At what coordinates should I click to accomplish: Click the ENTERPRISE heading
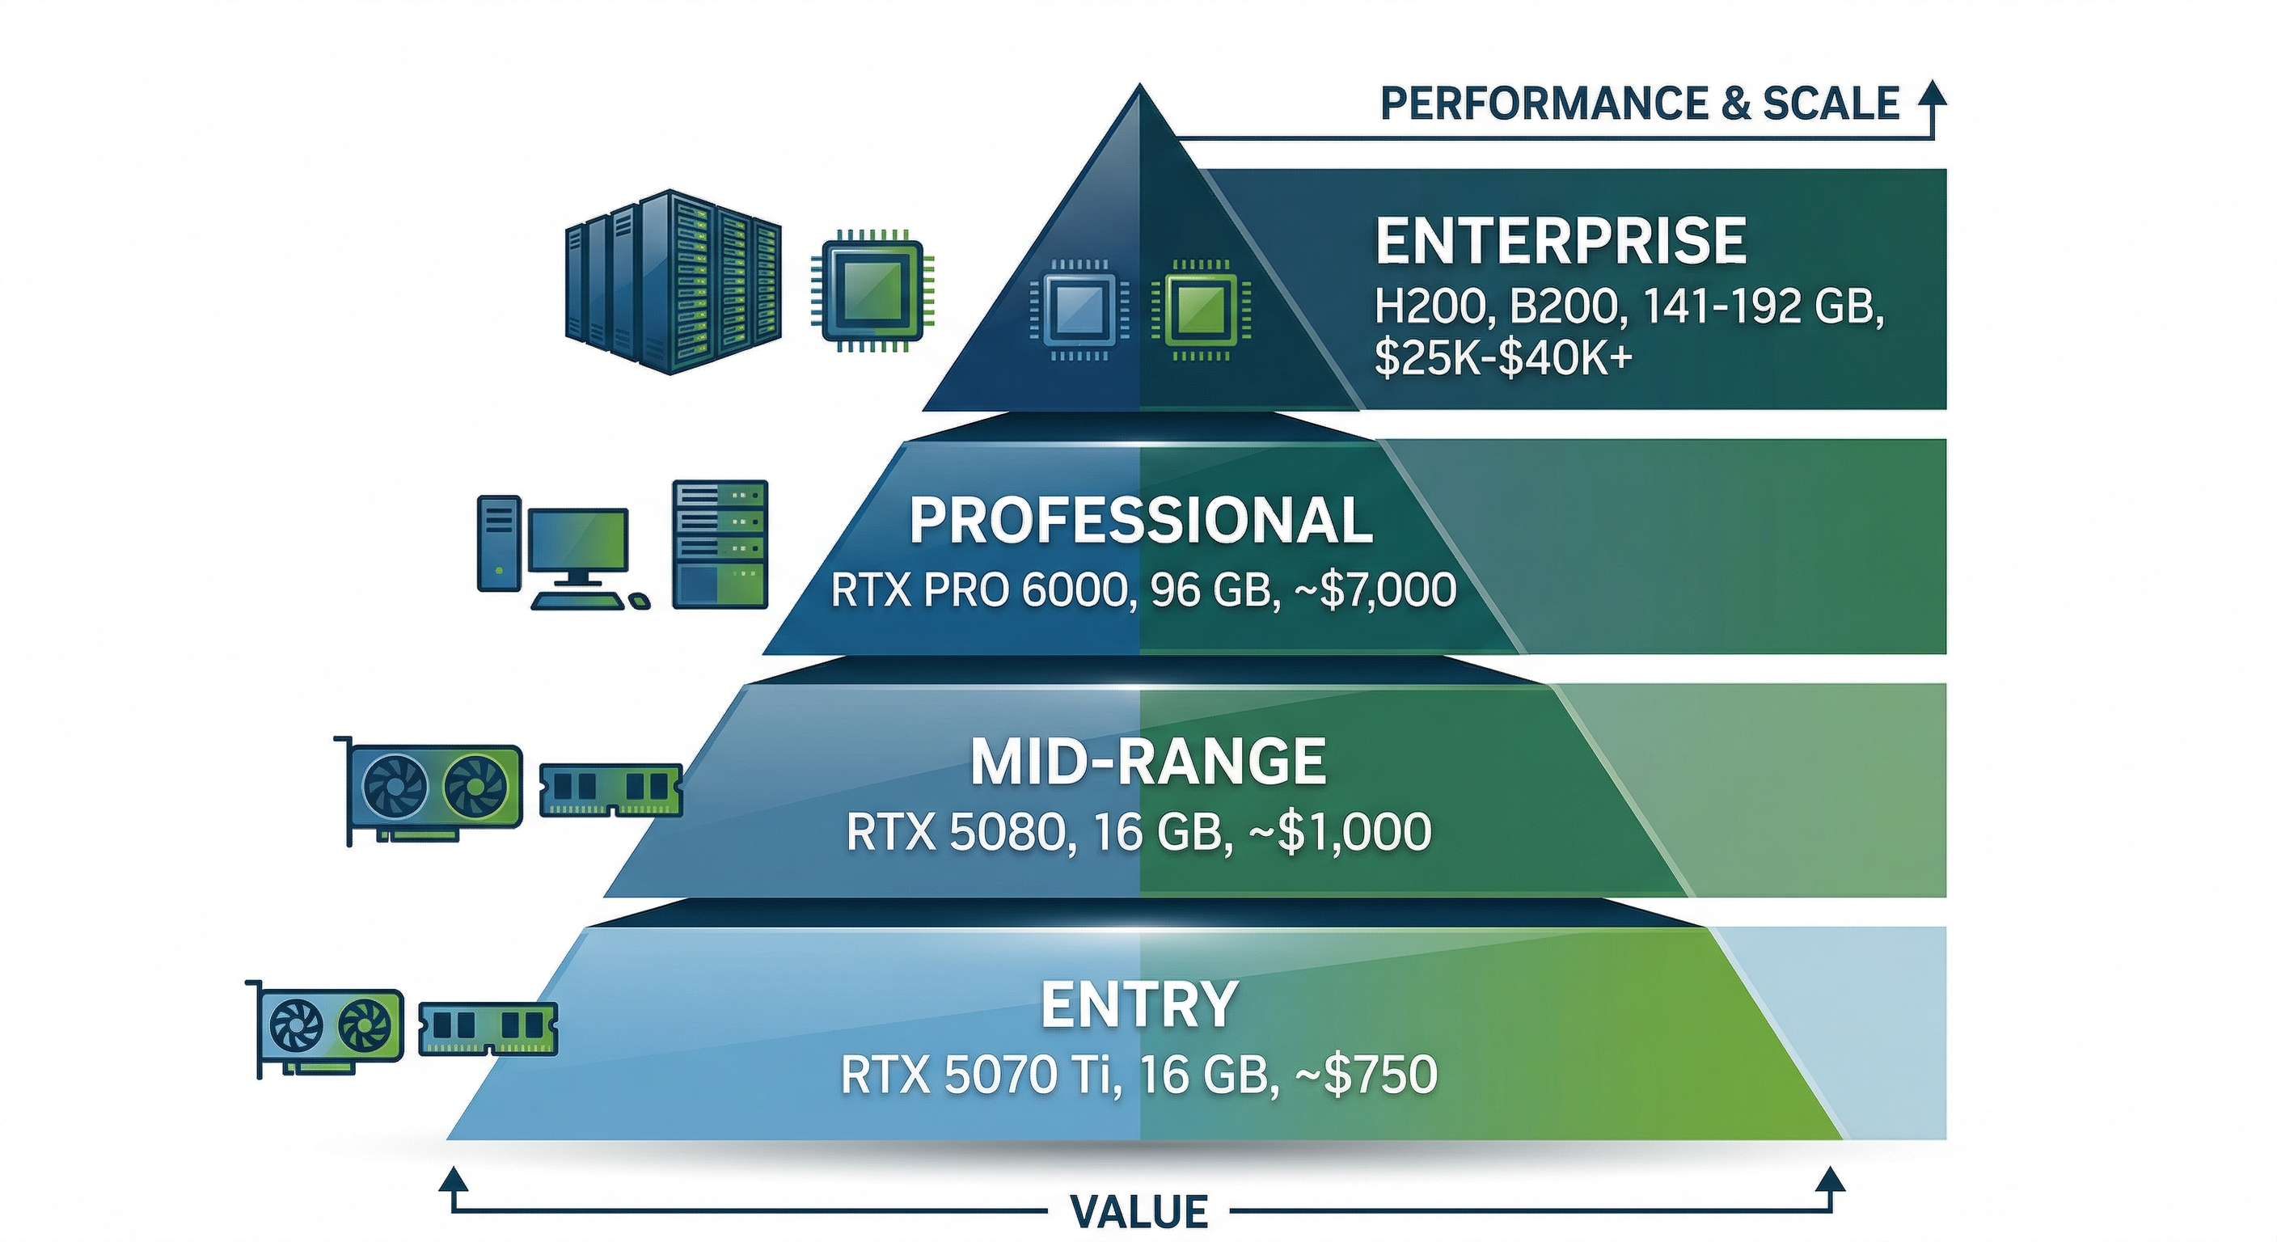click(x=1560, y=240)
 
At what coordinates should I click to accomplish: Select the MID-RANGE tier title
click(x=1147, y=762)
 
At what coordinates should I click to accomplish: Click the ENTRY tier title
click(x=1138, y=1004)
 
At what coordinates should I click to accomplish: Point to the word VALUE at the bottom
click(x=1138, y=1211)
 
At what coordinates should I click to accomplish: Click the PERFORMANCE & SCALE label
click(x=1640, y=104)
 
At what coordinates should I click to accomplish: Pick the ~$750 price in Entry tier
click(x=1366, y=1075)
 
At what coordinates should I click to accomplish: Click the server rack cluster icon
click(x=672, y=281)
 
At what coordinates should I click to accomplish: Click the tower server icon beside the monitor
click(x=720, y=543)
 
